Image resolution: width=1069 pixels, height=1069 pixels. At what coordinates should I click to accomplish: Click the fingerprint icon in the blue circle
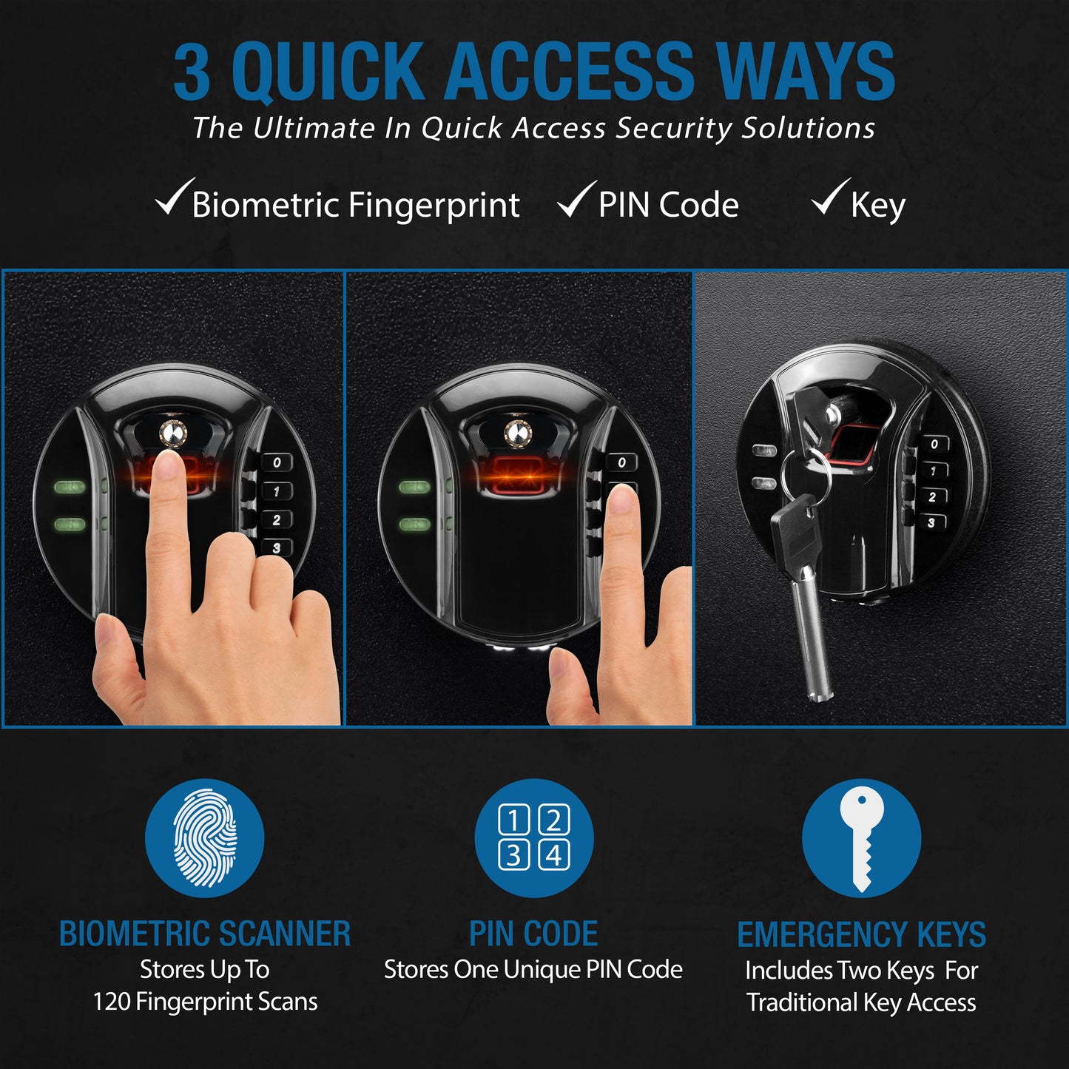[205, 838]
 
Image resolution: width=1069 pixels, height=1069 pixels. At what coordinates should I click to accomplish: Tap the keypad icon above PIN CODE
[533, 838]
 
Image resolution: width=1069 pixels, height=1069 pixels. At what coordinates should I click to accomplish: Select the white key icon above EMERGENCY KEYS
[862, 838]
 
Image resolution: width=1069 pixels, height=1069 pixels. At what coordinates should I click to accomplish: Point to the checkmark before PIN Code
[576, 199]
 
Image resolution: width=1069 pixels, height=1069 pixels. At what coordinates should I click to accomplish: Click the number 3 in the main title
[192, 72]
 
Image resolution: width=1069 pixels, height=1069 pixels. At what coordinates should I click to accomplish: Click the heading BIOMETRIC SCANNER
[205, 934]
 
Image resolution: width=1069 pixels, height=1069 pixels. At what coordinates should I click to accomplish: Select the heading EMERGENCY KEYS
[862, 934]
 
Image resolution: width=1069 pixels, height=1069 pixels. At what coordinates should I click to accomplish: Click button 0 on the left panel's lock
[277, 462]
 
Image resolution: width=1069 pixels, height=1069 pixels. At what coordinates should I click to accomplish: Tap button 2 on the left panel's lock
[276, 520]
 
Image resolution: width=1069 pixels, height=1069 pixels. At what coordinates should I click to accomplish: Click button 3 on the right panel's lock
[931, 522]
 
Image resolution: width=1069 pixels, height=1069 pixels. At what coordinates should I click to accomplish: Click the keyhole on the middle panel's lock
[517, 434]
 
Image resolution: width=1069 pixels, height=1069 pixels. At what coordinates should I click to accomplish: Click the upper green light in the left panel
[70, 488]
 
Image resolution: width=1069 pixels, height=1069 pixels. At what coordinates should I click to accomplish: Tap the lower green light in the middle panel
[415, 525]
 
